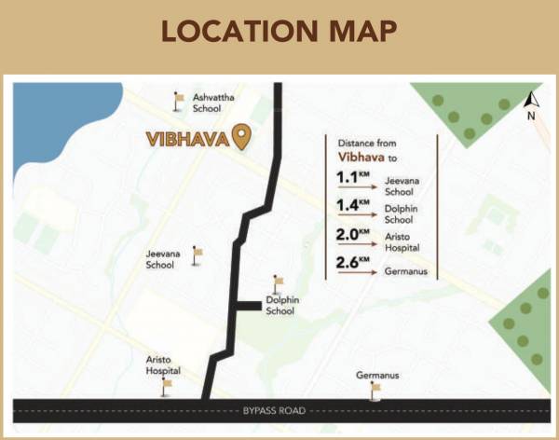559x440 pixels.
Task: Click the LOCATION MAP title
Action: click(279, 31)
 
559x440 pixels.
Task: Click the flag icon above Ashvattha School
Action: click(178, 98)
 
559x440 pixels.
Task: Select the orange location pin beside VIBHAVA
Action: click(242, 138)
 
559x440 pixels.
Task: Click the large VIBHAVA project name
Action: click(186, 139)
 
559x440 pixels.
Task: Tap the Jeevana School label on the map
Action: click(160, 259)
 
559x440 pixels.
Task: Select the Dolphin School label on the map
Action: click(279, 306)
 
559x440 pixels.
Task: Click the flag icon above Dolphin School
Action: click(276, 282)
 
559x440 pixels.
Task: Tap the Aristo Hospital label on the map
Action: click(164, 364)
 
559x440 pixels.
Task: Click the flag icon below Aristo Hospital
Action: click(167, 385)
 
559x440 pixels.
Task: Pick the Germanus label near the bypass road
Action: click(377, 376)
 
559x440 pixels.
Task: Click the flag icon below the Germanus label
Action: click(375, 391)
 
